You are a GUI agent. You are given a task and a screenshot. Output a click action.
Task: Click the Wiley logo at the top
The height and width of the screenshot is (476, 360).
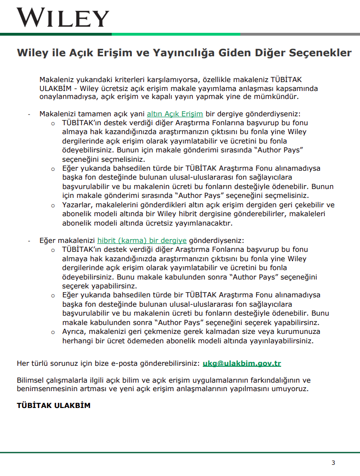point(63,17)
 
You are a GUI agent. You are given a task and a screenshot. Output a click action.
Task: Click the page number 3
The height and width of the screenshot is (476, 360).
point(333,463)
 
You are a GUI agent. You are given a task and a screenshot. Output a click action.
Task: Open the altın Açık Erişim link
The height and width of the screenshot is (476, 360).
point(175,114)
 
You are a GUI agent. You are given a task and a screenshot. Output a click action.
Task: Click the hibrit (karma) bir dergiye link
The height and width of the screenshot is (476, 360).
point(142,240)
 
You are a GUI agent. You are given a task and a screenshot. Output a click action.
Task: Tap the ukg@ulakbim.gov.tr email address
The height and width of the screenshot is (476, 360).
point(242,363)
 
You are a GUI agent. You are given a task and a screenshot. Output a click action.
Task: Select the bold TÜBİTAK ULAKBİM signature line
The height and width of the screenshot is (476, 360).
point(54,405)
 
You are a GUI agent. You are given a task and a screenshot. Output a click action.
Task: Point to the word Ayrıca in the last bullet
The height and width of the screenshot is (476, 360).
point(74,332)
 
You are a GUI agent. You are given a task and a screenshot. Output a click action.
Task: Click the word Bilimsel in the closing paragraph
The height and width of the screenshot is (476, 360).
point(32,380)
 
